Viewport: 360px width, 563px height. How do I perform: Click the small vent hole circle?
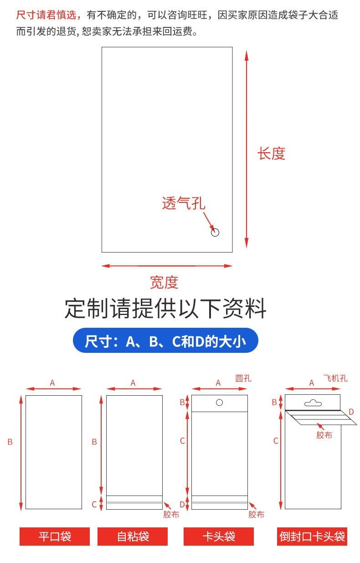coord(216,232)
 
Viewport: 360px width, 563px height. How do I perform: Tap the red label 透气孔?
coord(184,203)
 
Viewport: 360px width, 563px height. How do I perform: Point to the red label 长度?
coord(271,154)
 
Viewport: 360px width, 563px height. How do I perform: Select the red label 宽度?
coord(164,283)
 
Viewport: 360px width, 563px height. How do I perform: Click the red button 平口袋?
coord(55,536)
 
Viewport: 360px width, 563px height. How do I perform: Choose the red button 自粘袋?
coord(133,536)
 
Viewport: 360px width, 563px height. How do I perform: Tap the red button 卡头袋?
coord(219,536)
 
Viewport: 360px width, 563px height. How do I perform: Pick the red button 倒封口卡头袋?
coord(312,536)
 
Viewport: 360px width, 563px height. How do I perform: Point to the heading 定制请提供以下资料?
coord(165,309)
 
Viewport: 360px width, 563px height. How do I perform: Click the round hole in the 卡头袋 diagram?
coord(219,403)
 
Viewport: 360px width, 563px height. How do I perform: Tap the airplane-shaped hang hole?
coord(313,403)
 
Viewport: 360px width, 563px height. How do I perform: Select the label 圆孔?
coord(243,378)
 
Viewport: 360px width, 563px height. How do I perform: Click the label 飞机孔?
coord(335,378)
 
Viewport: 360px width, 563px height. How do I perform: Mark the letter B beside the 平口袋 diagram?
coord(10,442)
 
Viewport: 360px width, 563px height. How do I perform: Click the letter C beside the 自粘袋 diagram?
coord(94,504)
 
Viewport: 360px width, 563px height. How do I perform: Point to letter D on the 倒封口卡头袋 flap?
coord(351,412)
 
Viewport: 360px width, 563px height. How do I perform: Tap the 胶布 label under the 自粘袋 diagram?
coord(171,515)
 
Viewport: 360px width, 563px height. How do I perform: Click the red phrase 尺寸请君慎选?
coord(48,15)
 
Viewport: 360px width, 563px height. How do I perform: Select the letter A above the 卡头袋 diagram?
coord(218,383)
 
